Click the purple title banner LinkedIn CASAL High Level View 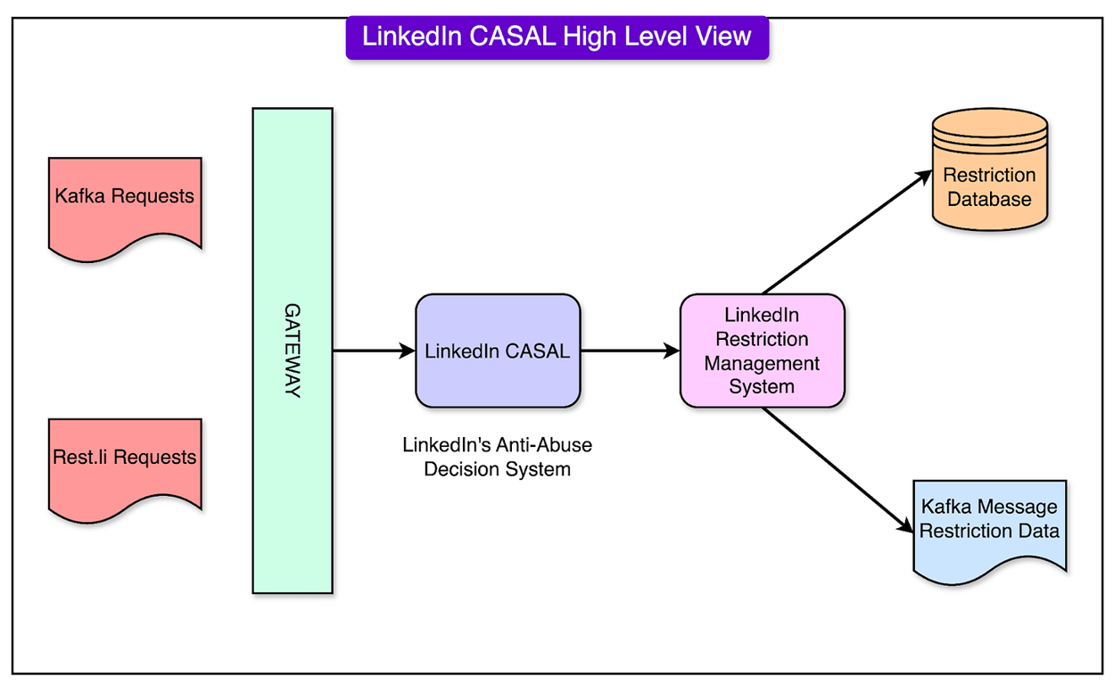pyautogui.click(x=557, y=37)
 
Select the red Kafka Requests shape pyautogui.click(x=125, y=201)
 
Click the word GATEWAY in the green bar pyautogui.click(x=293, y=351)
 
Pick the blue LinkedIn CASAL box pyautogui.click(x=498, y=351)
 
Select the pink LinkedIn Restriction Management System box pyautogui.click(x=762, y=351)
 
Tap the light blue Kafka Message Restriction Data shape pyautogui.click(x=989, y=526)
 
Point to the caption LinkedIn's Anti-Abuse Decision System pyautogui.click(x=497, y=456)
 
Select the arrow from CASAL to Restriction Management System pyautogui.click(x=629, y=351)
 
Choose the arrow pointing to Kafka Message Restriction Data pyautogui.click(x=834, y=468)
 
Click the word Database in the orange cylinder pyautogui.click(x=989, y=199)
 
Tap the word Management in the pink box pyautogui.click(x=762, y=363)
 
